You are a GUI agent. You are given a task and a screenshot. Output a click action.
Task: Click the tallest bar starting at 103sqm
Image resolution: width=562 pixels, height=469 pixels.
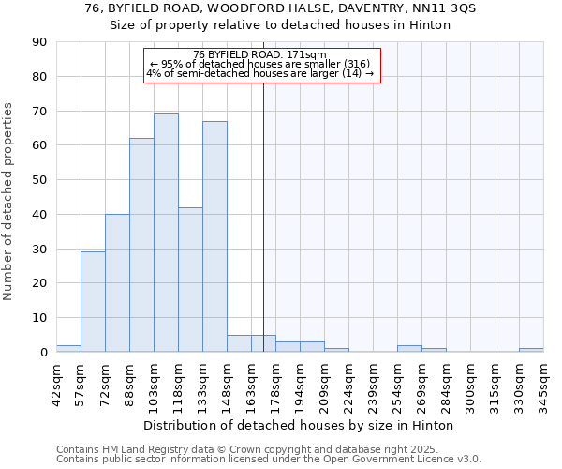click(166, 233)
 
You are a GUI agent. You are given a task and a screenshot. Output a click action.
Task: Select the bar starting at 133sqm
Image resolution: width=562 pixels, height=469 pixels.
click(214, 236)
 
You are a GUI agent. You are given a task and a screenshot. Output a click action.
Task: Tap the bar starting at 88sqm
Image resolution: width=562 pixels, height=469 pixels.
click(141, 245)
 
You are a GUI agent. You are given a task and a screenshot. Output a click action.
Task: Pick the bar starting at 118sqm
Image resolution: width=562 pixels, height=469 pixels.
click(190, 280)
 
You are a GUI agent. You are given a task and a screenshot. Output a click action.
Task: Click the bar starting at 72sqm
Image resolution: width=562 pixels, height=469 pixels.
click(117, 283)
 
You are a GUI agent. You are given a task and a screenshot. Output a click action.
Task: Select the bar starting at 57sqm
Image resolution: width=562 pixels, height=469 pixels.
click(93, 302)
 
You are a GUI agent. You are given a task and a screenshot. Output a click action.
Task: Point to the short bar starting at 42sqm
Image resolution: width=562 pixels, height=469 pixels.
click(68, 348)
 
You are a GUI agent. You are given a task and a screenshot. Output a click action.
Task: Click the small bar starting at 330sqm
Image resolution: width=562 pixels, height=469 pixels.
click(531, 350)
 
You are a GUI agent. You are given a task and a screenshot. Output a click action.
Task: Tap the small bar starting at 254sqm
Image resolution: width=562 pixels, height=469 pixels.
click(409, 348)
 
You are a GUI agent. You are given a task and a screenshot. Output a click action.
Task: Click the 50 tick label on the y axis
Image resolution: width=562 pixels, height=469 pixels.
click(40, 180)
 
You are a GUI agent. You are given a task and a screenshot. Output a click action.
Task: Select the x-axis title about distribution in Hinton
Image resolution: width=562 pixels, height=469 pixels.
click(300, 425)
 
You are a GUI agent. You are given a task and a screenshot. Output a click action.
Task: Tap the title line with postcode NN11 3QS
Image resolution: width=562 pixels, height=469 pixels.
click(280, 8)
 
